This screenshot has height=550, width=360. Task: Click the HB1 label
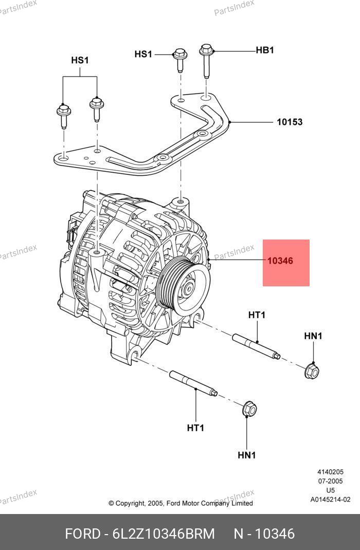265,50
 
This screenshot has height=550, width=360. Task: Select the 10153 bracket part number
290,122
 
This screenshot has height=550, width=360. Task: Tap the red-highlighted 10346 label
280,261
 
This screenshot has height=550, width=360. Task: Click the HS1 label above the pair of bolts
80,61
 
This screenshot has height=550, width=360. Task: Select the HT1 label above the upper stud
257,315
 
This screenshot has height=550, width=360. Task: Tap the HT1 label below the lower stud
195,428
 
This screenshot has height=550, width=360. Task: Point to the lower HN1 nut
249,409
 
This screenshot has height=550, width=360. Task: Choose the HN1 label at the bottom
247,455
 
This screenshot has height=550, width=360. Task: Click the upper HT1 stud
256,347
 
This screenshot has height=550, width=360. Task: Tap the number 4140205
330,472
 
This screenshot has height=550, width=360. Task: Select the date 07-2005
330,481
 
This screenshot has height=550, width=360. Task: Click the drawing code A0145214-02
330,500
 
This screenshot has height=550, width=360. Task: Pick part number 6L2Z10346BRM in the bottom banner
163,534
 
